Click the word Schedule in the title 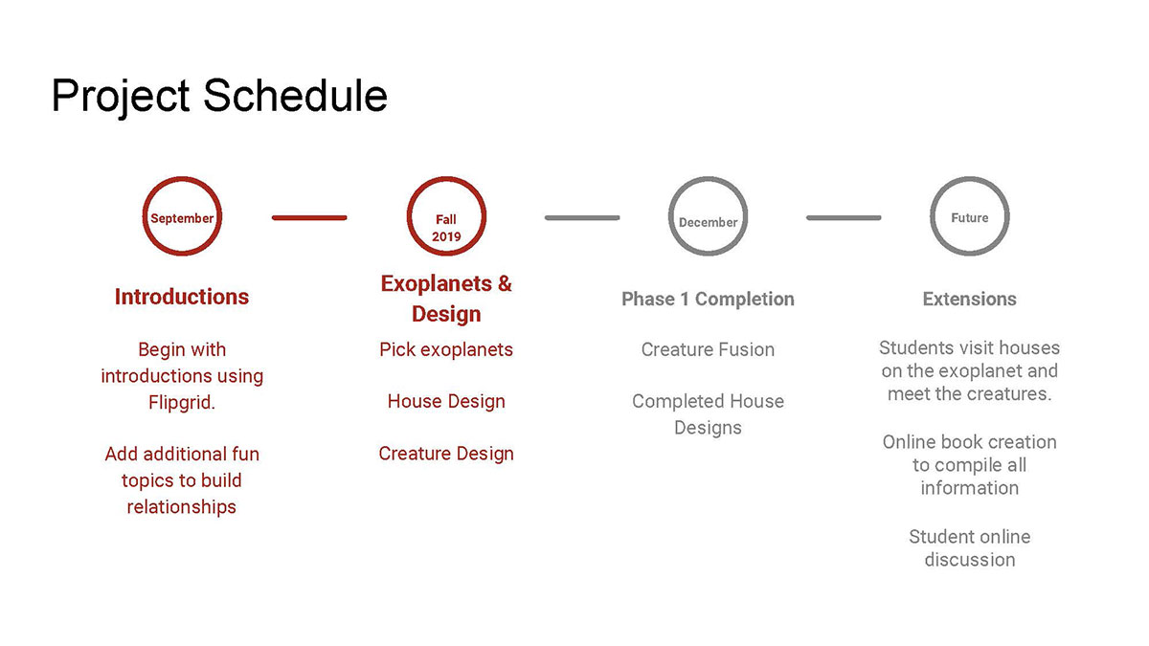(296, 96)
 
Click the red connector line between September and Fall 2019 (309, 218)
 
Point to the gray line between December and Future (844, 218)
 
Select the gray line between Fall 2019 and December (582, 218)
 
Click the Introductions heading (182, 297)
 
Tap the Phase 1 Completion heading (708, 299)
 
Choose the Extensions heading (969, 299)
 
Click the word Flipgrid (182, 403)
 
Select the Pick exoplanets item (446, 350)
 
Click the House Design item (446, 401)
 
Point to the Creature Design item (446, 454)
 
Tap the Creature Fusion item (708, 349)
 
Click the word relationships (182, 507)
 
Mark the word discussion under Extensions (969, 560)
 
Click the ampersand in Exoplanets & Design (505, 283)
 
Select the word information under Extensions (969, 488)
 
